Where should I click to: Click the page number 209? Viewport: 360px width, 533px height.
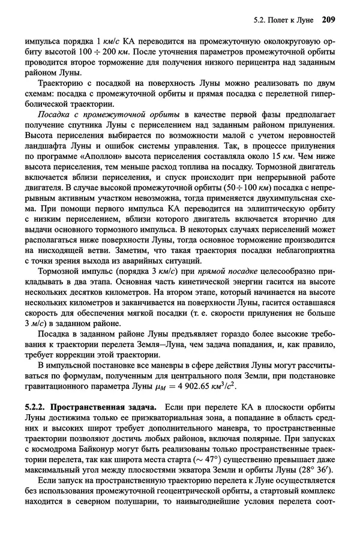(328, 20)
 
